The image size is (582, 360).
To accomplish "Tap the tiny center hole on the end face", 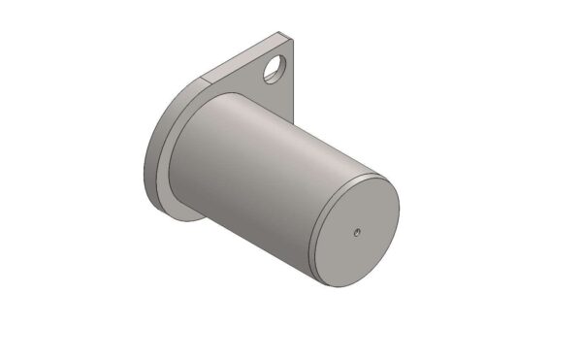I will click(357, 232).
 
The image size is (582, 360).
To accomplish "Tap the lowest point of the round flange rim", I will click(184, 218).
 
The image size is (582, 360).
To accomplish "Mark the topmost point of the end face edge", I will click(373, 178).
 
